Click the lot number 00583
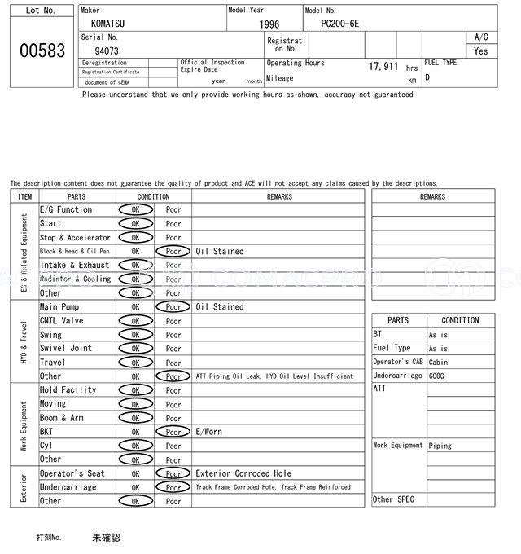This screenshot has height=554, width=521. tap(42, 51)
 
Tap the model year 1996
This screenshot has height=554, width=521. tap(269, 24)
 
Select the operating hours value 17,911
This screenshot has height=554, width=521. tap(383, 67)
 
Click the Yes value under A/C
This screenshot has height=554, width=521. tap(481, 51)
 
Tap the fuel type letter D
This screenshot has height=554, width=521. tap(427, 77)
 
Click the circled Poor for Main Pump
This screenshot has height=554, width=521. tap(173, 307)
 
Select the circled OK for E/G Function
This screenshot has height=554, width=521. tap(135, 209)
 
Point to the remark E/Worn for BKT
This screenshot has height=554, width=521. tap(208, 432)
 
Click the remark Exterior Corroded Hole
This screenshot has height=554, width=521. tap(243, 473)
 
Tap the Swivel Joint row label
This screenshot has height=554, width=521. tap(66, 349)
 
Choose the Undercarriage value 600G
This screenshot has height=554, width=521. tap(437, 376)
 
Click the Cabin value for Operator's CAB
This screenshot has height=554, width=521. tap(439, 363)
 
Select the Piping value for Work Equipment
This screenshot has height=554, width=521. tap(440, 446)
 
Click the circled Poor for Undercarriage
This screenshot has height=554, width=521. tap(173, 487)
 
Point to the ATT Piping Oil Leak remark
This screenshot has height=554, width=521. tap(274, 376)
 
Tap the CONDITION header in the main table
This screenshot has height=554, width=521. tap(153, 196)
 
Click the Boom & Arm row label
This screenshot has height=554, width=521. tap(62, 418)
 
